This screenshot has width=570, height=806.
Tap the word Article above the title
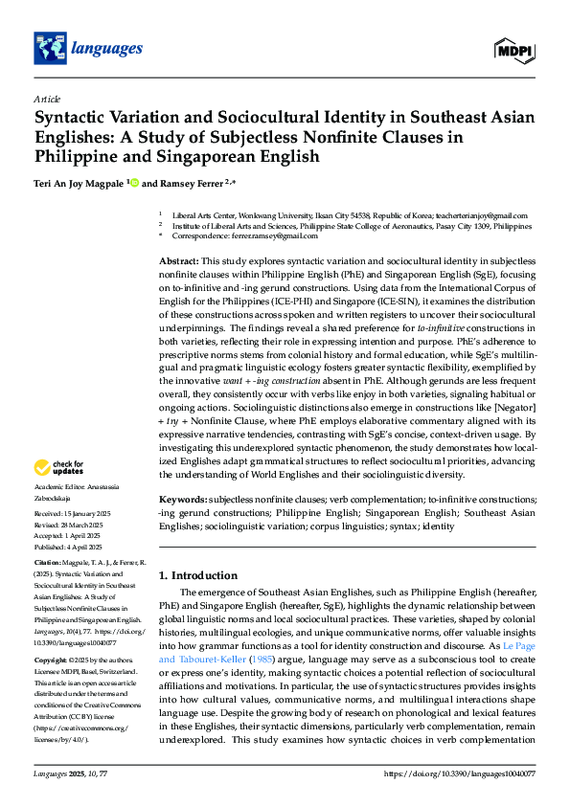click(x=47, y=99)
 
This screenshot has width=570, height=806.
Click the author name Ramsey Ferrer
click(x=182, y=183)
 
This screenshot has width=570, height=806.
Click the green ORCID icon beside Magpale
click(x=135, y=183)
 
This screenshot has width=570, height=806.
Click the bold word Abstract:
click(x=178, y=261)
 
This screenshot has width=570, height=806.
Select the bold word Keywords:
click(x=182, y=501)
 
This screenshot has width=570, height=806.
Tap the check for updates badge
click(x=59, y=468)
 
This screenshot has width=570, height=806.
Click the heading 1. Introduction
click(x=198, y=575)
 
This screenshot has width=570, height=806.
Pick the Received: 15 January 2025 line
click(x=74, y=513)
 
